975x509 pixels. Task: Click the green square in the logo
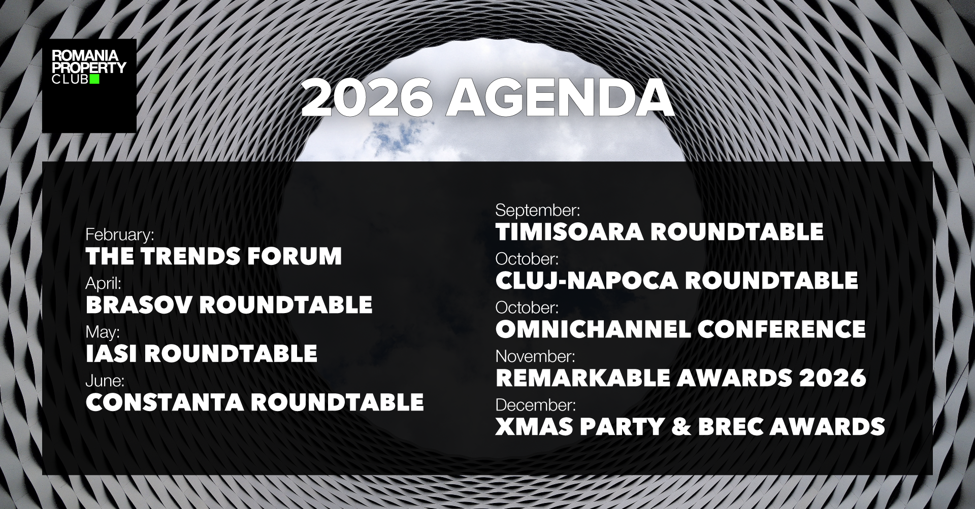click(94, 79)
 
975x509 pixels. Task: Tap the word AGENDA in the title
click(560, 98)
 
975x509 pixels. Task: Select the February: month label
click(120, 234)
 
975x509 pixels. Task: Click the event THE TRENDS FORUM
click(214, 256)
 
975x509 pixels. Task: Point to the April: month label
click(104, 283)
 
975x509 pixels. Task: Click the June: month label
click(105, 380)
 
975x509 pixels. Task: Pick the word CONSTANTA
click(165, 402)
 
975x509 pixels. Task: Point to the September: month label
click(538, 210)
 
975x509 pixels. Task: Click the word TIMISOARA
click(569, 232)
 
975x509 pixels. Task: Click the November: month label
click(535, 356)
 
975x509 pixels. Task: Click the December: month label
click(536, 405)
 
